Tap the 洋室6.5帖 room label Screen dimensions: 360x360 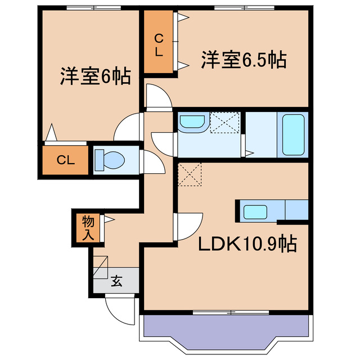click(x=244, y=59)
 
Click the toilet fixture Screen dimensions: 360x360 click(x=109, y=160)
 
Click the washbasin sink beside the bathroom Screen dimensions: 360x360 click(x=192, y=123)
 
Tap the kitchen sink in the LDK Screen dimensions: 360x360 click(x=255, y=213)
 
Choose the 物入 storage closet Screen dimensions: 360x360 click(x=88, y=227)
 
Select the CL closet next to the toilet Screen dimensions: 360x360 click(x=65, y=160)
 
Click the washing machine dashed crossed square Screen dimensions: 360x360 click(x=225, y=123)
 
